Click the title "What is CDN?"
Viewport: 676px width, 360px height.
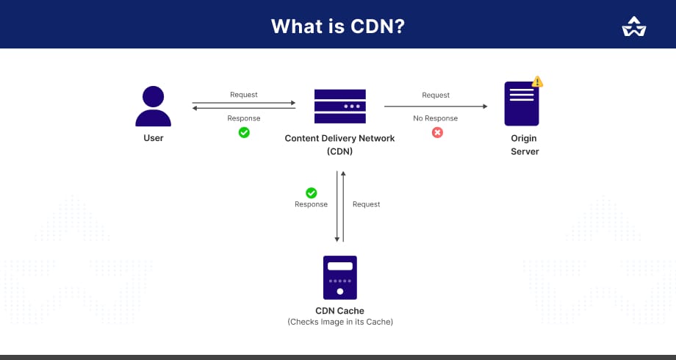pyautogui.click(x=337, y=26)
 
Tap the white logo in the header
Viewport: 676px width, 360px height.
pyautogui.click(x=633, y=26)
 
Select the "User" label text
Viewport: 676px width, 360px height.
pyautogui.click(x=153, y=138)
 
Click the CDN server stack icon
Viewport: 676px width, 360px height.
pyautogui.click(x=339, y=106)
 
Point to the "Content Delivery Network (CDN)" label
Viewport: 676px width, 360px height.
pyautogui.click(x=339, y=145)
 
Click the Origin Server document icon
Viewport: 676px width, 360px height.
pyautogui.click(x=522, y=104)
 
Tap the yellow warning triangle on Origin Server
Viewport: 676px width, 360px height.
pyautogui.click(x=538, y=82)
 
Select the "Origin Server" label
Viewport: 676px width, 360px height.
pyautogui.click(x=524, y=145)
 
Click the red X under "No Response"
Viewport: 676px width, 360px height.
pyautogui.click(x=437, y=132)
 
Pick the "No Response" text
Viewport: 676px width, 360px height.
pyautogui.click(x=435, y=118)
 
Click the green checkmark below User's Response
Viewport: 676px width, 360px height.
pyautogui.click(x=244, y=132)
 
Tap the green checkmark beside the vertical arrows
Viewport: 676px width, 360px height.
pyautogui.click(x=312, y=192)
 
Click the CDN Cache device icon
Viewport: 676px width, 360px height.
pyautogui.click(x=339, y=278)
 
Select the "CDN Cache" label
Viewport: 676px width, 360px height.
pyautogui.click(x=339, y=311)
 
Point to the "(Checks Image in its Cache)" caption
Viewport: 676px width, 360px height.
pyautogui.click(x=339, y=322)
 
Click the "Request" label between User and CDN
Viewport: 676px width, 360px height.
pyautogui.click(x=244, y=95)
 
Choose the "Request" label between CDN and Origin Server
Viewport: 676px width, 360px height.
pyautogui.click(x=436, y=95)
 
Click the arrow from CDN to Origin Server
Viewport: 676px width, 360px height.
pyautogui.click(x=436, y=107)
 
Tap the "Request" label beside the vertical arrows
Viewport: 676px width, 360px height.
pyautogui.click(x=366, y=204)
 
